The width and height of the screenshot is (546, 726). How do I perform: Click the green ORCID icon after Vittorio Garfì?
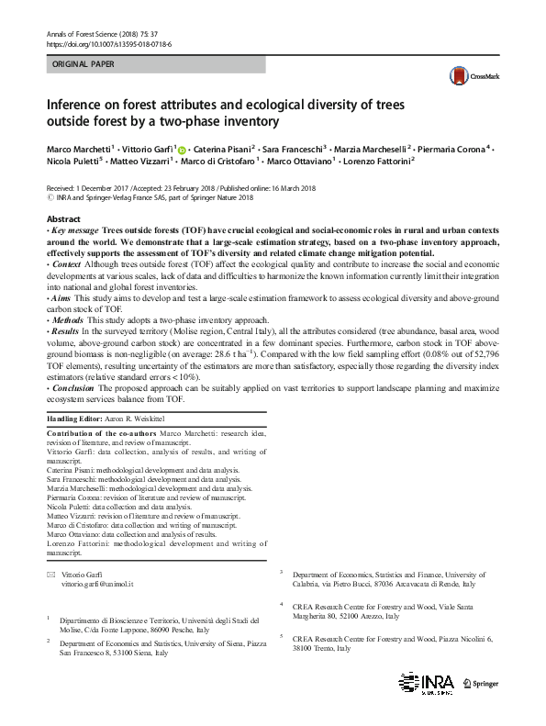tap(182, 150)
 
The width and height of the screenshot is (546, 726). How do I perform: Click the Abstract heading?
tap(63, 219)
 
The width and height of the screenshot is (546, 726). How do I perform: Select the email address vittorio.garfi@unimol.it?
tap(97, 584)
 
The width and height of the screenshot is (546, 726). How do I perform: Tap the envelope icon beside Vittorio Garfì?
tap(51, 574)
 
